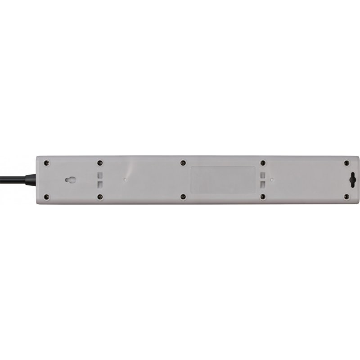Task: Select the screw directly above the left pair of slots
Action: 100,163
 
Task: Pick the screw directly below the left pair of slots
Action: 100,197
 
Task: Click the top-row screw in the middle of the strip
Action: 183,163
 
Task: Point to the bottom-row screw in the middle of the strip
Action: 183,197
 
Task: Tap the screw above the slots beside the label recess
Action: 263,163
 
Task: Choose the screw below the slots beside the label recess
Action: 263,197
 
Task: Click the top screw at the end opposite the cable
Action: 346,163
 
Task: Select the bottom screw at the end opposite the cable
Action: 346,197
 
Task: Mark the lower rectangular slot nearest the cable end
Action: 100,184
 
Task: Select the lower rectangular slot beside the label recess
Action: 262,184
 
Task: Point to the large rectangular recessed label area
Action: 223,180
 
